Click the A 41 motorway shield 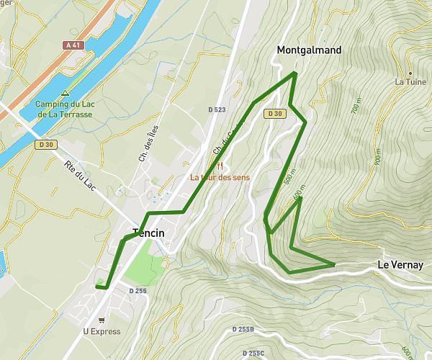pyautogui.click(x=71, y=45)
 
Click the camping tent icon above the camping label pyautogui.click(x=66, y=93)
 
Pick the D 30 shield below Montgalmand pyautogui.click(x=274, y=114)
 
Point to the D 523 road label pyautogui.click(x=217, y=109)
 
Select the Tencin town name pyautogui.click(x=148, y=233)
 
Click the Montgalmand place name pyautogui.click(x=309, y=50)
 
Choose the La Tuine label pyautogui.click(x=410, y=82)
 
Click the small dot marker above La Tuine pyautogui.click(x=410, y=73)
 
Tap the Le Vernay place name pyautogui.click(x=398, y=265)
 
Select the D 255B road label pyautogui.click(x=243, y=329)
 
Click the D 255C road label pyautogui.click(x=253, y=353)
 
